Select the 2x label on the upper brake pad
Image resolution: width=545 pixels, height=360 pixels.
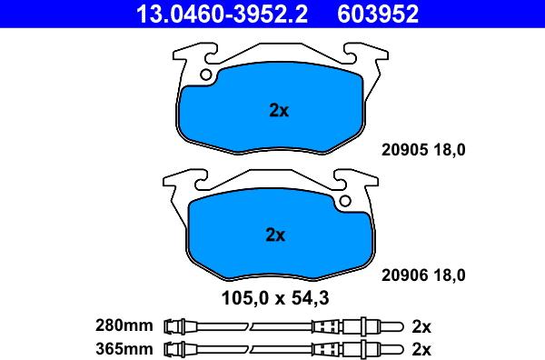[279, 112]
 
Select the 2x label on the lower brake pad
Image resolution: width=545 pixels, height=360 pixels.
[275, 235]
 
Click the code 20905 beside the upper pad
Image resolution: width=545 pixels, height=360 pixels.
[401, 152]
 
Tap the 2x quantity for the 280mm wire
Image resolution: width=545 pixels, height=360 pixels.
[421, 325]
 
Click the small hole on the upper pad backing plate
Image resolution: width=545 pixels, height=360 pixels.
[208, 75]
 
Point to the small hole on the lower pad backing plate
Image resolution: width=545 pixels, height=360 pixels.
[344, 199]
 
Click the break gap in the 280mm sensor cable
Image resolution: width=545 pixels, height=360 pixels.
[251, 325]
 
